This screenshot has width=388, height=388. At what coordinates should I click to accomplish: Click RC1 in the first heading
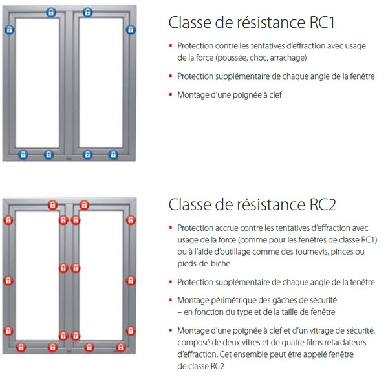pos(322,23)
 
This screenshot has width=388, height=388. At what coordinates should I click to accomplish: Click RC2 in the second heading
pos(323,204)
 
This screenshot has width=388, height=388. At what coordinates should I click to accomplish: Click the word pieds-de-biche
pos(204,264)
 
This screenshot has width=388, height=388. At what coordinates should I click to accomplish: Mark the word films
pos(314,343)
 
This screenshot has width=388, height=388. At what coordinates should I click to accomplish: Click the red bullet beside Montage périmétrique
pos(171,300)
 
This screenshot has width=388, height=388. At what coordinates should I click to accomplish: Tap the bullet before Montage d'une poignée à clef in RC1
pos(171,94)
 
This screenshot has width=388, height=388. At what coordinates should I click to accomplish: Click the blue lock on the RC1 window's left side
pos(10,30)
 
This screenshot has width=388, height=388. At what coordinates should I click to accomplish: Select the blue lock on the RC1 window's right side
pos(131,30)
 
